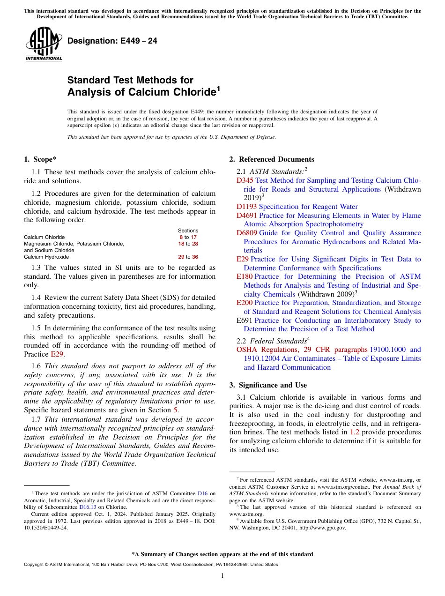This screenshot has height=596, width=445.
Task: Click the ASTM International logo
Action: coord(43,44)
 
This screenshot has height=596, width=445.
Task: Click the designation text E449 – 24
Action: coord(112,41)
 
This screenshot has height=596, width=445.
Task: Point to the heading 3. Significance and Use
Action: coord(268,385)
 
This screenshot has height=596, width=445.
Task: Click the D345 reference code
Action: coord(245,180)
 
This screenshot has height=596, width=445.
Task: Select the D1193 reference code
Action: coord(247,207)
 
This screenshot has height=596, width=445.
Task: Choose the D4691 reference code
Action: coord(247,216)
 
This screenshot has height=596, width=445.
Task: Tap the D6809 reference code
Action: coord(247,233)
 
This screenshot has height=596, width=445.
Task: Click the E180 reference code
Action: coord(245,276)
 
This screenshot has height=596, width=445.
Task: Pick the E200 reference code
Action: coord(245,303)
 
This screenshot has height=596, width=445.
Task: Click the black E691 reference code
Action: coord(245,320)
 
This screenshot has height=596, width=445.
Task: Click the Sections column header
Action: coord(188,231)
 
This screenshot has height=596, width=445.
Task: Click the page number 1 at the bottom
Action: coord(222,575)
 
